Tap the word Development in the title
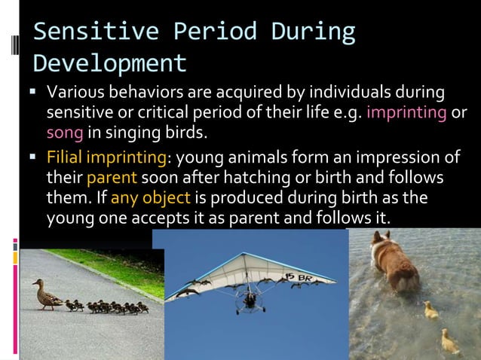110,63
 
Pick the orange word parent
112,179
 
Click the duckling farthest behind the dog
450,343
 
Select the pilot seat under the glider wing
248,301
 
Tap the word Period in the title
219,32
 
